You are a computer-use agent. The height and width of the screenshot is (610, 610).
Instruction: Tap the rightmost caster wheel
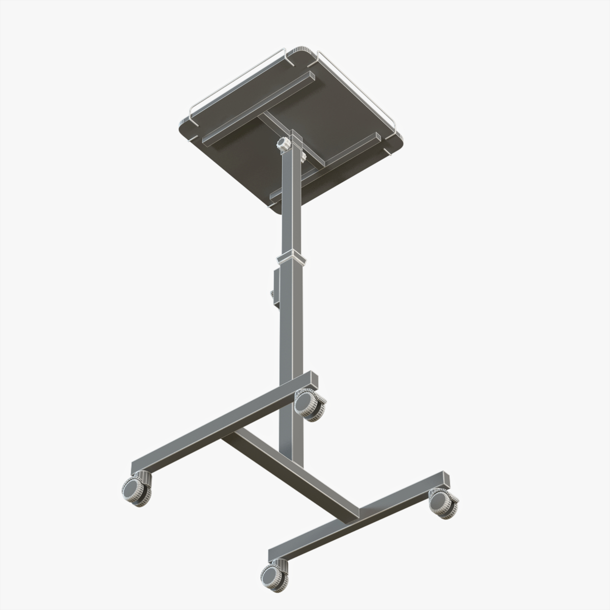443,503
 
